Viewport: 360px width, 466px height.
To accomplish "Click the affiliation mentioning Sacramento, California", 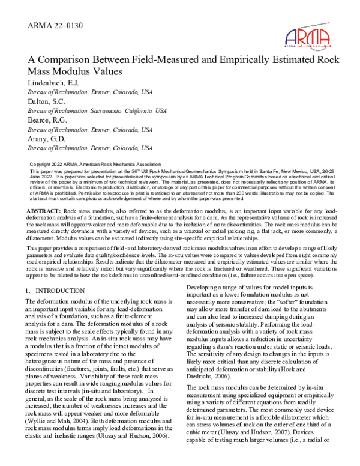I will pos(89,111).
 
